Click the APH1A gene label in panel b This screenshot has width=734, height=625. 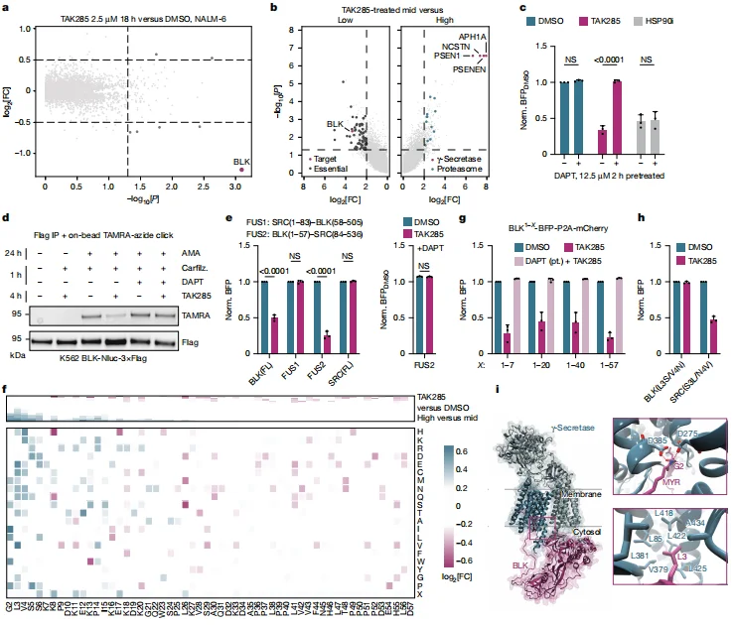[x=472, y=37]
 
